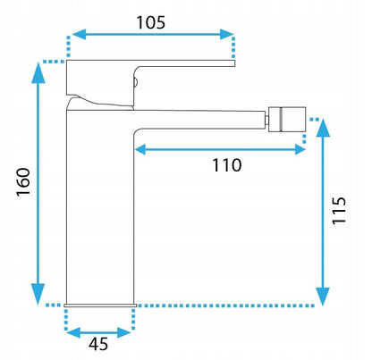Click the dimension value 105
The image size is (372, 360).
pos(150,22)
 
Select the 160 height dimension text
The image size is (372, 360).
pos(23,181)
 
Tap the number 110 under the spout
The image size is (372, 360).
pos(227,165)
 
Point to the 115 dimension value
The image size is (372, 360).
pos(339,210)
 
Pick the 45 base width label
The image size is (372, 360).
pos(98,344)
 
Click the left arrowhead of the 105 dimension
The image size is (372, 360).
pos(79,35)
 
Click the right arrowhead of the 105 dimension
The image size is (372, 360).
pos(227,35)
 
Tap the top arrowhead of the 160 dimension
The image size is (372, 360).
pos(38,73)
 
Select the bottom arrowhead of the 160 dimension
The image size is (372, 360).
pos(38,294)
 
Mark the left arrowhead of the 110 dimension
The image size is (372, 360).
pos(140,149)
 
